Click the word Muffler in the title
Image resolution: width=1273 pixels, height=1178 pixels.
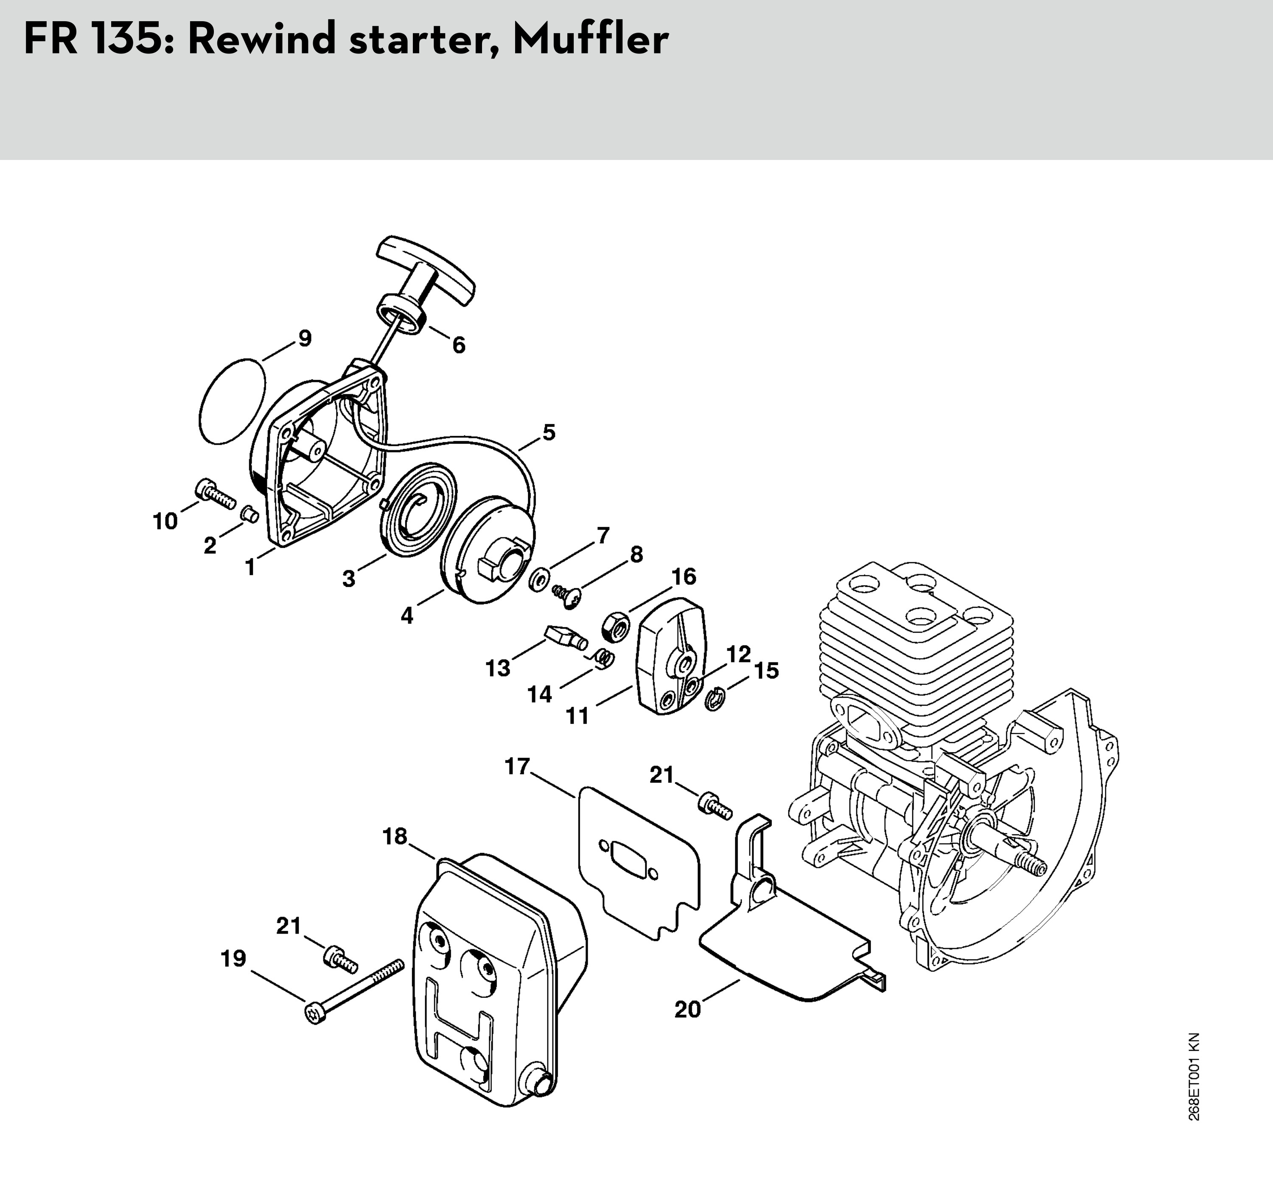pos(590,39)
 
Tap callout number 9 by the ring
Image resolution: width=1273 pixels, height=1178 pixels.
pos(305,339)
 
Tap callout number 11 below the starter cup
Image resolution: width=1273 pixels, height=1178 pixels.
pos(578,716)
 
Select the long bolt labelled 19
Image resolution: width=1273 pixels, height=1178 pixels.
pos(354,987)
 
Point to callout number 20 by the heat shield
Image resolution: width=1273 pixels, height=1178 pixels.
pos(687,1009)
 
